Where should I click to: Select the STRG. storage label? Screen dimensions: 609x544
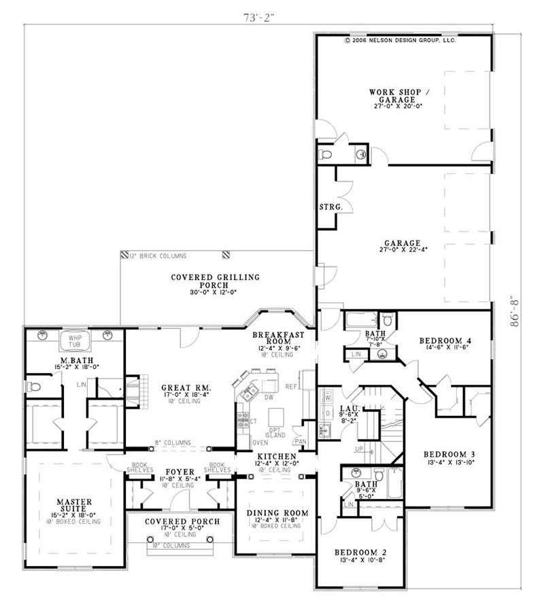330,206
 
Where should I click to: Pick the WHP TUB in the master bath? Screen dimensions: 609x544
74,339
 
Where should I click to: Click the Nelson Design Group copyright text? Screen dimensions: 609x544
400,40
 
